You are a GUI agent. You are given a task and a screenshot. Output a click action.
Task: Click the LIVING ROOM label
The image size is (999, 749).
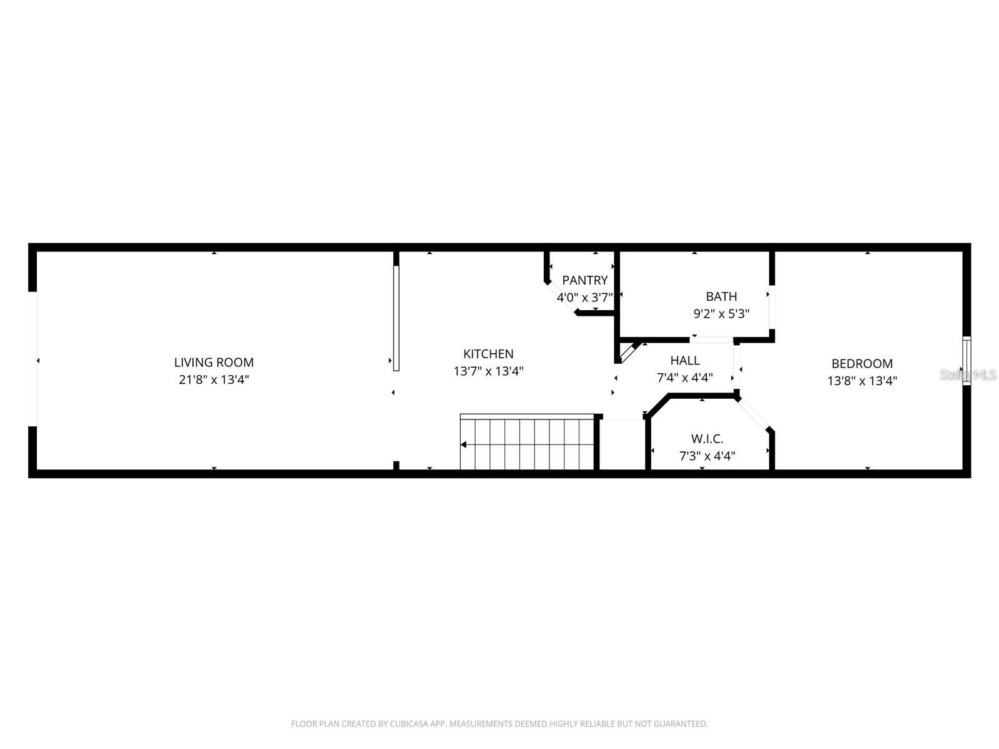click(x=214, y=362)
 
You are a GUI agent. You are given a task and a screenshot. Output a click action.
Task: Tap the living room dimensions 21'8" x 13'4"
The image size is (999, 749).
click(x=214, y=379)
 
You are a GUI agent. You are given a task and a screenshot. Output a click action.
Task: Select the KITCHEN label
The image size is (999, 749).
click(x=488, y=354)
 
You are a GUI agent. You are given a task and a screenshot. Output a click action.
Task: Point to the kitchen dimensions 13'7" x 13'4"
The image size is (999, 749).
click(x=488, y=371)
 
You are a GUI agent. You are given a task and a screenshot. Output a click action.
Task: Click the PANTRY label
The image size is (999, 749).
click(x=584, y=280)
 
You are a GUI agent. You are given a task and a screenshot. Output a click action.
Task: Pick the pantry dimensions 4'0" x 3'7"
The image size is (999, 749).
click(x=584, y=297)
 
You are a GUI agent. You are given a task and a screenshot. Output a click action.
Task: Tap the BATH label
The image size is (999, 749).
click(x=721, y=296)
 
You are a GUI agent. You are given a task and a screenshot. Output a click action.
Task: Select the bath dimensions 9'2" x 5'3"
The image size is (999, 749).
click(x=721, y=313)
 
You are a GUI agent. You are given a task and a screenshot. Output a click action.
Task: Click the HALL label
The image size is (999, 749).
click(x=685, y=360)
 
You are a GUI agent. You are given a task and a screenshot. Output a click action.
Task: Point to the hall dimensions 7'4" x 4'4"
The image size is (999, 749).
click(x=685, y=377)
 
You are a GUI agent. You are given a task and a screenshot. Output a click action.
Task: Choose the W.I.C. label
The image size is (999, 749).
click(x=707, y=439)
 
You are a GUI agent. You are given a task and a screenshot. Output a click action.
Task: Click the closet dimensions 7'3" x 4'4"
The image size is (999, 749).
click(x=707, y=456)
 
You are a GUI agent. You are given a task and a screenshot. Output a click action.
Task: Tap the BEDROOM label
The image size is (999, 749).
click(x=862, y=363)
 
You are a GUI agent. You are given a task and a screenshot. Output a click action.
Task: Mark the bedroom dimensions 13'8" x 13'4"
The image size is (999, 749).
click(x=862, y=380)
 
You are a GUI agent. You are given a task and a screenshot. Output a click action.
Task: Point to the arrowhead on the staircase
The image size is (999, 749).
click(x=464, y=445)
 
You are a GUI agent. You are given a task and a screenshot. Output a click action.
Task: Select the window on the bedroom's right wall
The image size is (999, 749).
click(x=967, y=361)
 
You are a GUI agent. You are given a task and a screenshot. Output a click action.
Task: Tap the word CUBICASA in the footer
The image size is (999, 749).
click(x=412, y=724)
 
